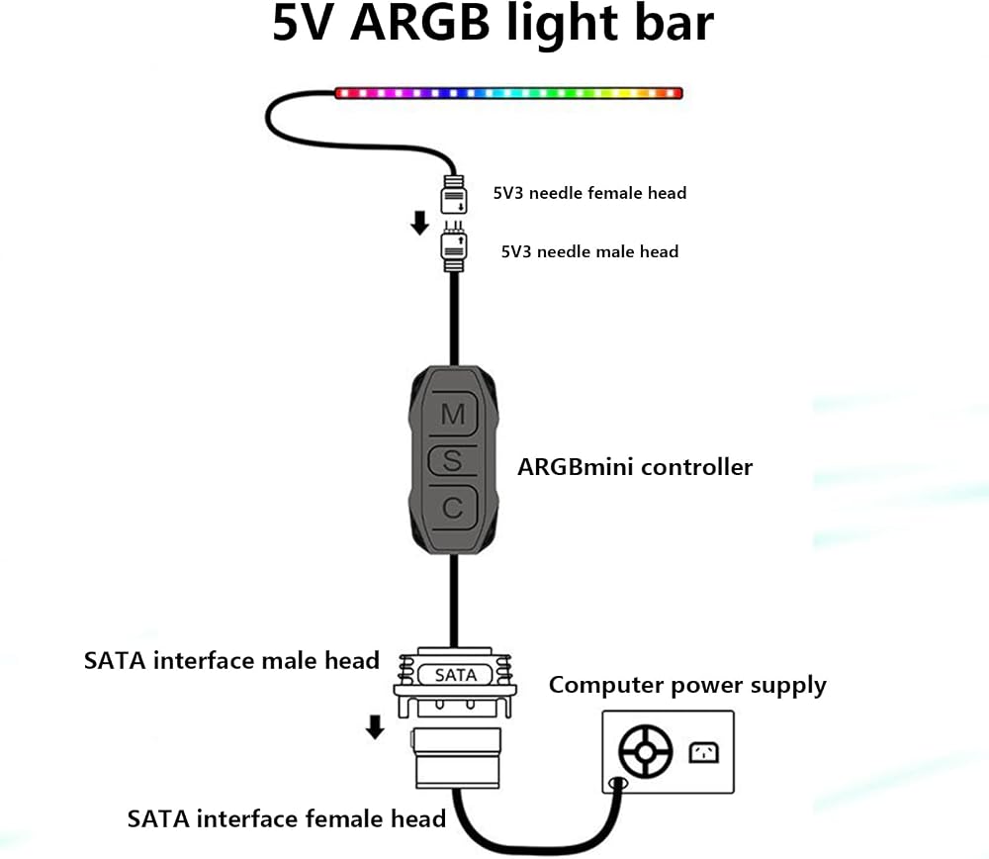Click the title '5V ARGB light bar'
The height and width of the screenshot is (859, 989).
[493, 24]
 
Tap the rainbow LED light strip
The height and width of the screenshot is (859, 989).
[508, 93]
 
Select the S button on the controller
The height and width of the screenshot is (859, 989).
[452, 461]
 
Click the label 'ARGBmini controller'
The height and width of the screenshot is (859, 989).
[635, 467]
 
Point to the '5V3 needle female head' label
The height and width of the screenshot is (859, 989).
[589, 193]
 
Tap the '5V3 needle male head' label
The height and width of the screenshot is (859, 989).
[589, 251]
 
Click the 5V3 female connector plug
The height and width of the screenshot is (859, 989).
[454, 194]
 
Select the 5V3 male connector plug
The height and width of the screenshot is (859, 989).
[454, 247]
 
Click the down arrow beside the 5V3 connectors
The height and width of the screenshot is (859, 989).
[419, 223]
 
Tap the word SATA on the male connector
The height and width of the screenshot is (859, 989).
[455, 675]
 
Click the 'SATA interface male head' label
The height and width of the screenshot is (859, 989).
[231, 661]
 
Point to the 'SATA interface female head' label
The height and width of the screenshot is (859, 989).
[287, 818]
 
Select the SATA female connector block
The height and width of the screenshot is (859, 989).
[457, 757]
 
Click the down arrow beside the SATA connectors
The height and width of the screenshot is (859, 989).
[375, 726]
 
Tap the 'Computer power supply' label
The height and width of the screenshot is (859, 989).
[687, 686]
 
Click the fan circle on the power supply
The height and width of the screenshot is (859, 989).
[645, 752]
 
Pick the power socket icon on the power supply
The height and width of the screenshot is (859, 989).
[703, 752]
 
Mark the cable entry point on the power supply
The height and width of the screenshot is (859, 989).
[618, 784]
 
